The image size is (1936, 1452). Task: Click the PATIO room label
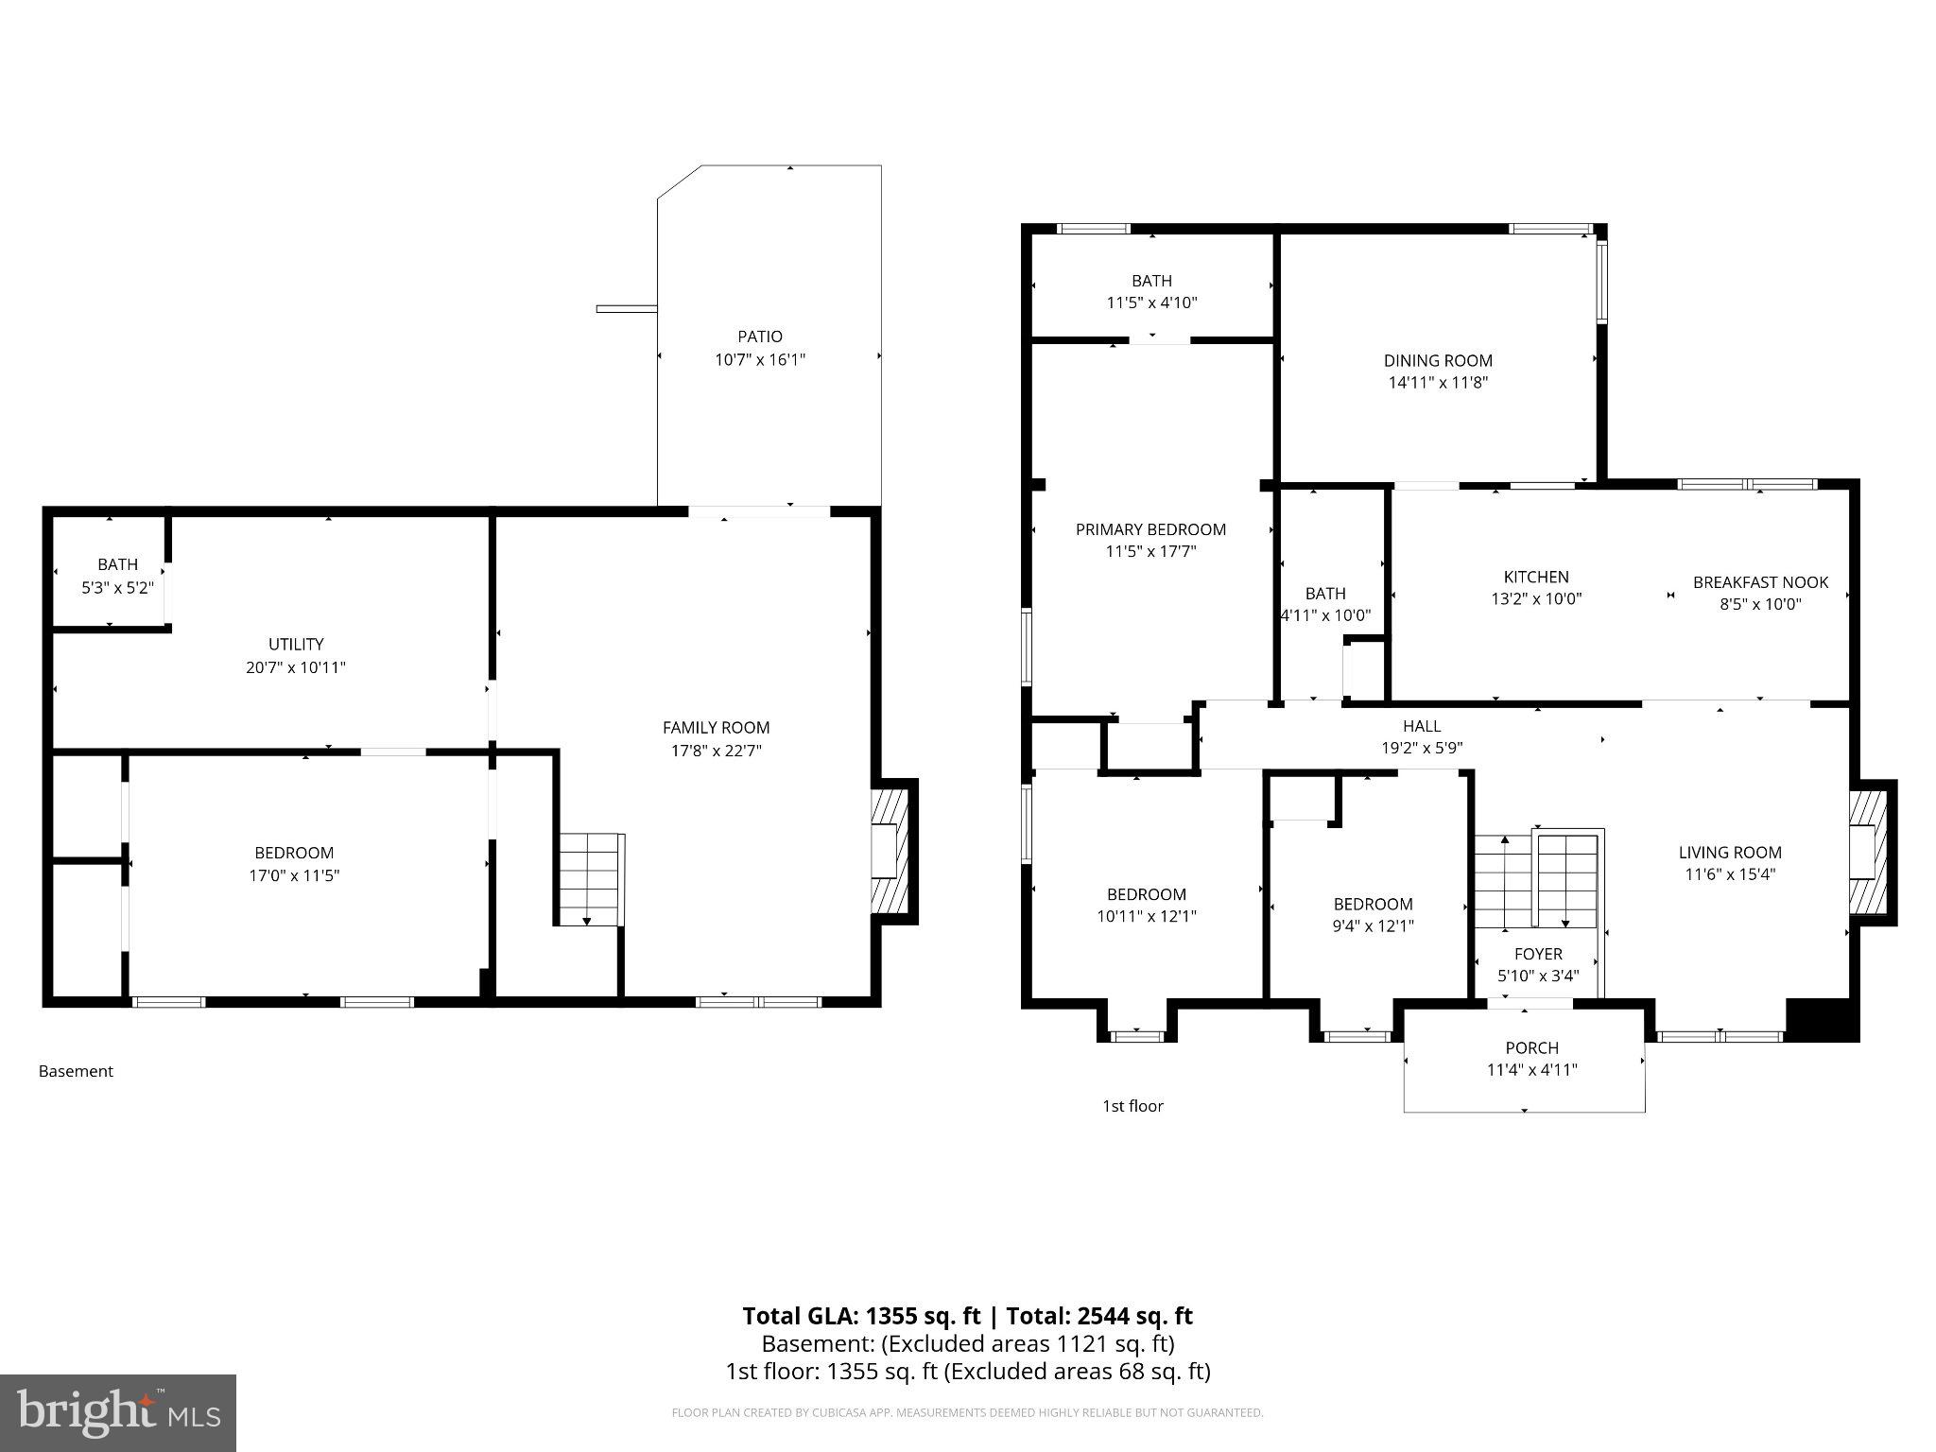coord(759,337)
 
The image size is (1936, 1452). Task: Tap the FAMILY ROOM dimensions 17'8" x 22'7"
coord(716,751)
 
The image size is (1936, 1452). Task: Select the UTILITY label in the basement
coord(296,645)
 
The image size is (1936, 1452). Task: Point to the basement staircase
coord(589,879)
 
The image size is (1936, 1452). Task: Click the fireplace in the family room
coord(890,851)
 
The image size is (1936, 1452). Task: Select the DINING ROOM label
coord(1438,360)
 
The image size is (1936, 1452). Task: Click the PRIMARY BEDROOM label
coord(1150,529)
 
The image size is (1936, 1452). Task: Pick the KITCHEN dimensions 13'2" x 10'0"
coord(1535,599)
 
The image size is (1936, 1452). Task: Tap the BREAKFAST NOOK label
coord(1760,582)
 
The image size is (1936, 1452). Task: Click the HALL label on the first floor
coord(1421,726)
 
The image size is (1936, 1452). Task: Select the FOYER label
coord(1537,954)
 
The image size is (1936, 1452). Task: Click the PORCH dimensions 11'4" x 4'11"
coord(1531,1070)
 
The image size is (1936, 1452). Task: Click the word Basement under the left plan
coord(76,1071)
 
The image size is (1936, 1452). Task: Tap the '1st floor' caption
coord(1132,1106)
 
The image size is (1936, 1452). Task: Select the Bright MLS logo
coord(117,1413)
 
